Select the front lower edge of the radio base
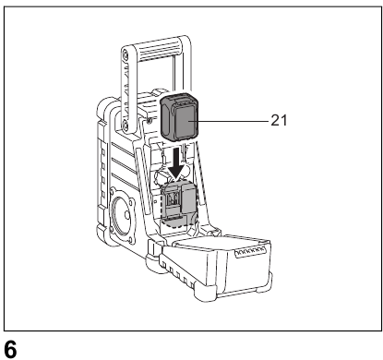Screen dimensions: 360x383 tap(171, 282)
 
